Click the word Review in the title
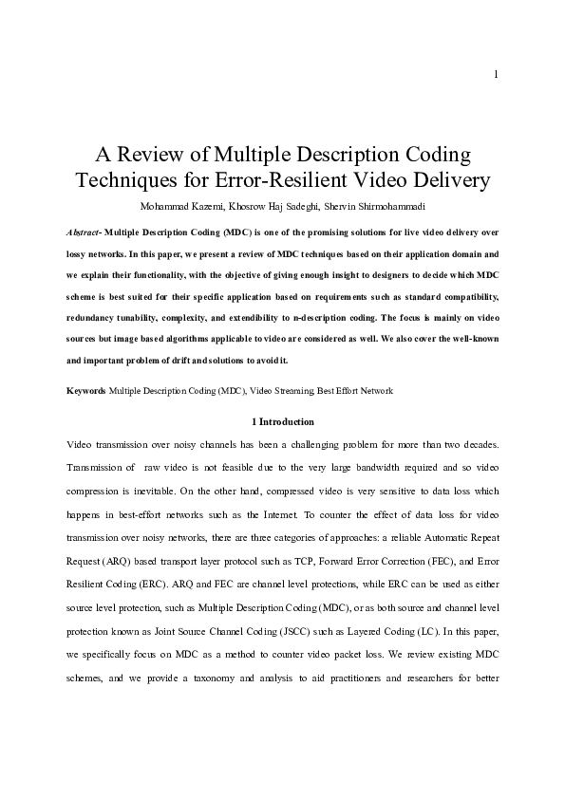(150, 154)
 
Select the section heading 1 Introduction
(282, 421)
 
